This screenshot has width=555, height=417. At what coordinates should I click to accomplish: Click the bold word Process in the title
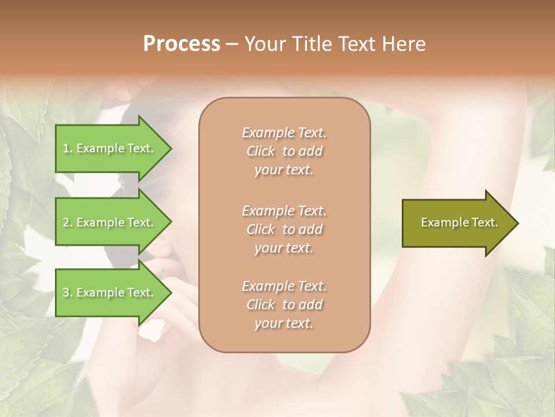pyautogui.click(x=182, y=44)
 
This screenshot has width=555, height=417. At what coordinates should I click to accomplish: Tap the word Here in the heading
pyautogui.click(x=404, y=44)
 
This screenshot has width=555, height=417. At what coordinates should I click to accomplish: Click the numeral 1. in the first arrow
pyautogui.click(x=68, y=148)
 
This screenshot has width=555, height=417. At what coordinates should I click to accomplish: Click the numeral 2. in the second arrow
pyautogui.click(x=68, y=222)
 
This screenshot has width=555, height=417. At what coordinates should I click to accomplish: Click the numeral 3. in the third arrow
pyautogui.click(x=68, y=292)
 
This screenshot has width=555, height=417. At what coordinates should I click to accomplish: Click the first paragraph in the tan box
pyautogui.click(x=284, y=151)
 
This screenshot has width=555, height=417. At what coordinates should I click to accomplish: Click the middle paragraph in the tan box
pyautogui.click(x=284, y=229)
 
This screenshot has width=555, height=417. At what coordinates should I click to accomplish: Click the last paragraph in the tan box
pyautogui.click(x=284, y=305)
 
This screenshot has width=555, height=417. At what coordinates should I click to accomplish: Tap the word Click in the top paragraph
pyautogui.click(x=261, y=151)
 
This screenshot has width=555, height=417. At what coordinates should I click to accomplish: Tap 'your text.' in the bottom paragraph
pyautogui.click(x=284, y=323)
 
